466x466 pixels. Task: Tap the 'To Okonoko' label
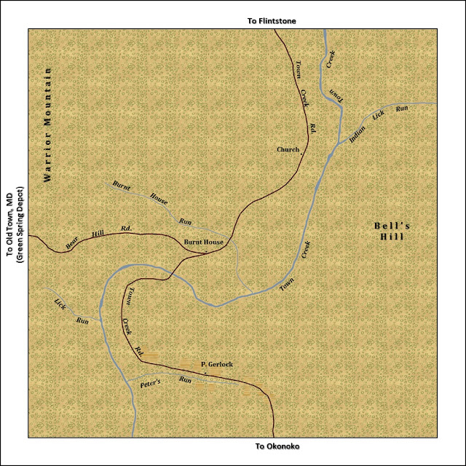tap(277, 446)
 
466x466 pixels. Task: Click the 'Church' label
tap(288, 150)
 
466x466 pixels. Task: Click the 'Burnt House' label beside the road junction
tap(202, 242)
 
